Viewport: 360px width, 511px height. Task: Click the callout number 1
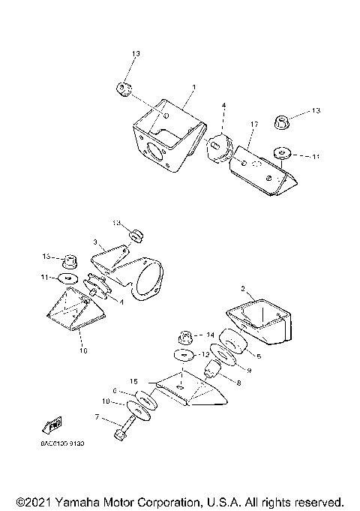(193, 88)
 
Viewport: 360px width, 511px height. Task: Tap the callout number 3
(95, 242)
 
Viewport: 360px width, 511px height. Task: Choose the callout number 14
(210, 335)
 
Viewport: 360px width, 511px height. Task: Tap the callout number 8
(238, 382)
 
